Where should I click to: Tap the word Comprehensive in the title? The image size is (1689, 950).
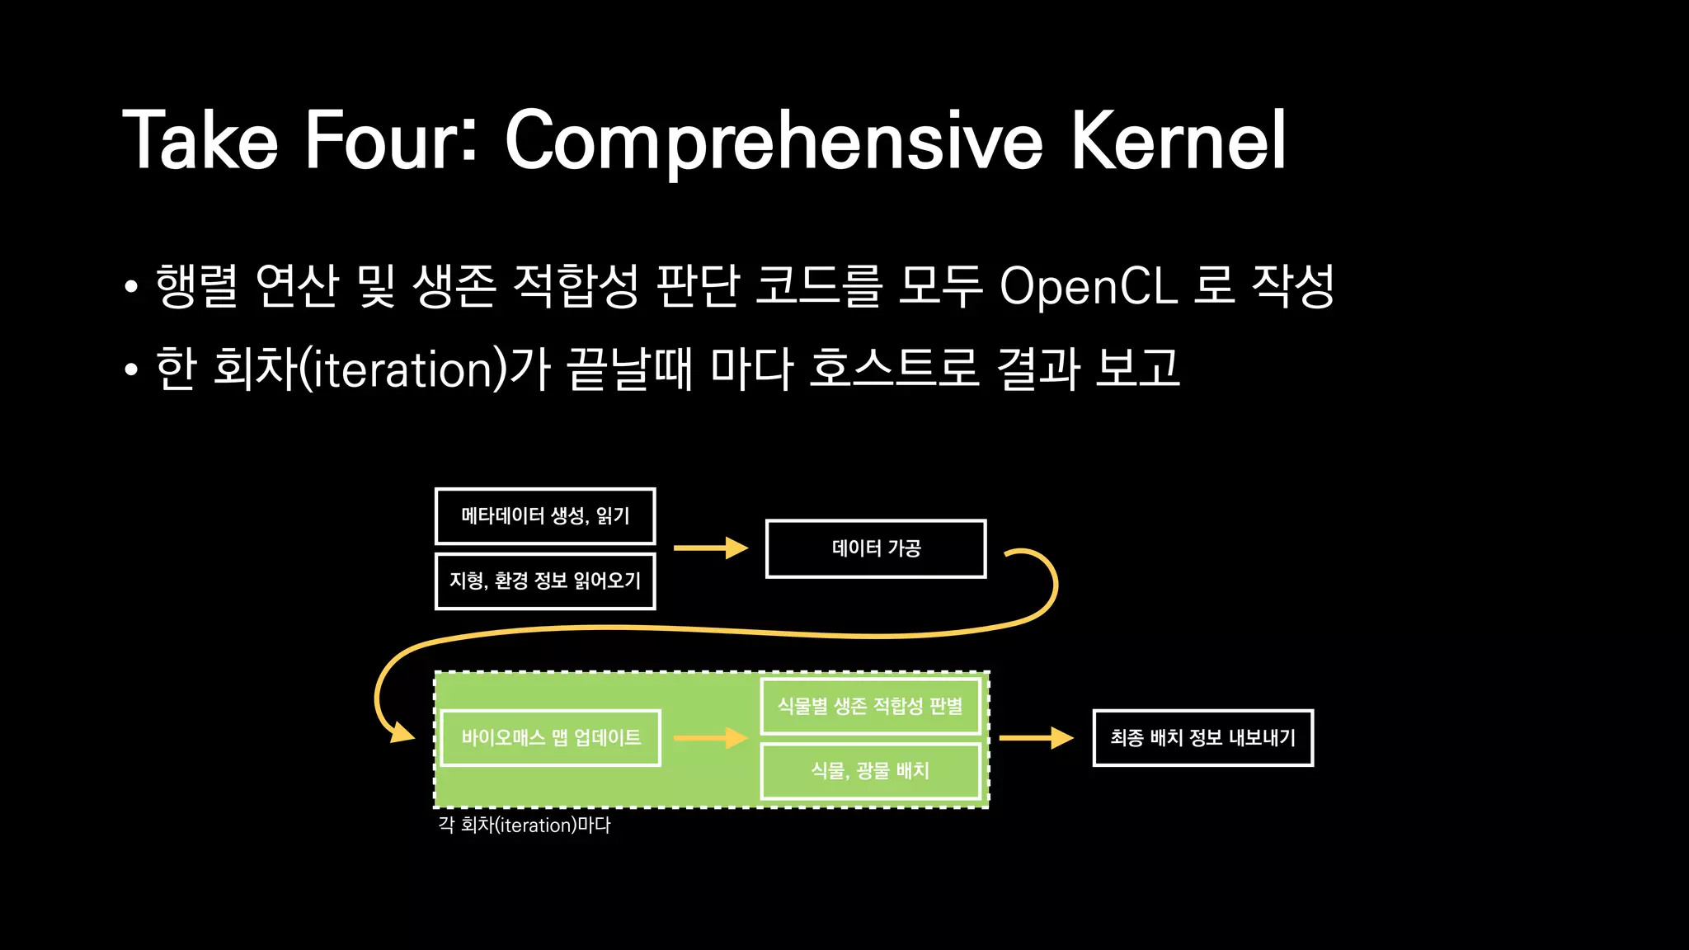774,142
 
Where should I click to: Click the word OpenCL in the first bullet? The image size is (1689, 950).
1088,286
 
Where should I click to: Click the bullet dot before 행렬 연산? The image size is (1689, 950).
131,288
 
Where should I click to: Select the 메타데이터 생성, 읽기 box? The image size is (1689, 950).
545,516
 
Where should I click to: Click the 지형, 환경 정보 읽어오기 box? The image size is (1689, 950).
545,581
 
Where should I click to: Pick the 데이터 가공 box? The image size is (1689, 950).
876,548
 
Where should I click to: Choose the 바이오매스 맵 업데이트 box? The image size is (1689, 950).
551,737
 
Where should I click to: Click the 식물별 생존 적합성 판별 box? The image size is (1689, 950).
870,706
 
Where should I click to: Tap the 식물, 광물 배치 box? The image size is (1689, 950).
870,770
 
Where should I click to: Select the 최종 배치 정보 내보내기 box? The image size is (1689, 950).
1202,737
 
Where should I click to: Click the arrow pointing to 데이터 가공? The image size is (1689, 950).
710,548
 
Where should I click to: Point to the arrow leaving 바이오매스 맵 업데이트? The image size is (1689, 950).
710,737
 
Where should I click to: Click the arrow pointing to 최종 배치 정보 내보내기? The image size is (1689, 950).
1036,737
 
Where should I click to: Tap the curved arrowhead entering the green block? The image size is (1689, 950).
402,731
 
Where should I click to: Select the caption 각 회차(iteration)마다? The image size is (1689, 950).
525,825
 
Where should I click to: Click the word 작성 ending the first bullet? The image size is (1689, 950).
1292,286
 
